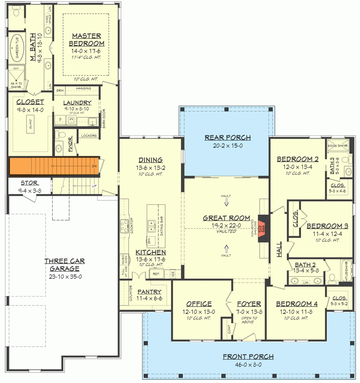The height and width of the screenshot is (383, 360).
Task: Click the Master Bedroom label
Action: point(87,40)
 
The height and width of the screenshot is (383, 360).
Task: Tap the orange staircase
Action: point(54,167)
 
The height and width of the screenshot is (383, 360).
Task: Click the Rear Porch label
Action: point(227,138)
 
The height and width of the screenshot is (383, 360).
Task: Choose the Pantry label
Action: point(149,292)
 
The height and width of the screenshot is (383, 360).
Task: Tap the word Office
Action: point(199,304)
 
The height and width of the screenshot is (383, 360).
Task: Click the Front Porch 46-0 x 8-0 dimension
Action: point(248,365)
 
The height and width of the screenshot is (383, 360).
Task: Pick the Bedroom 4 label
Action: point(297,304)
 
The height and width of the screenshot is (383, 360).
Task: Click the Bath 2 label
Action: point(306,264)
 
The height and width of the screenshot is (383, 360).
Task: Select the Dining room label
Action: point(151,160)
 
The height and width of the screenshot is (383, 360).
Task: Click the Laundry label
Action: point(77,103)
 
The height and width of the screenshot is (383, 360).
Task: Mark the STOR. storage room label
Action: point(30,183)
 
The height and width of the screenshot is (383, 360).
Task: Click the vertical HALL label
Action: point(279,249)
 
